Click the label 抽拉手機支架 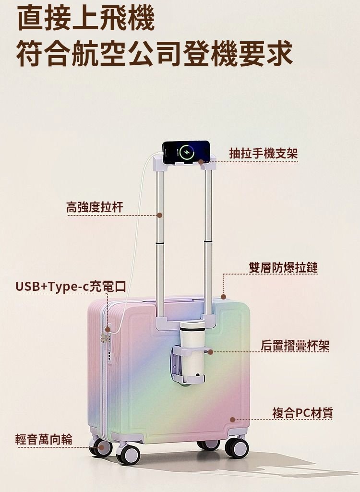[x=264, y=154]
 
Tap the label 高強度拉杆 [x=95, y=207]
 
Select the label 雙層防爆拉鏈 [x=283, y=268]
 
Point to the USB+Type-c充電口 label [x=71, y=287]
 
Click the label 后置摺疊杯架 [x=295, y=345]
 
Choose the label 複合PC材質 [x=302, y=412]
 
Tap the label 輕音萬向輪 [x=44, y=439]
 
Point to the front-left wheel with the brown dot [x=101, y=447]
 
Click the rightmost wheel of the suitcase [x=237, y=448]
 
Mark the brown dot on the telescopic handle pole [x=160, y=215]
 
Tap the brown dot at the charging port [x=108, y=329]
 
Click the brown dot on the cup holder [x=210, y=352]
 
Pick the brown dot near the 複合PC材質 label [x=232, y=420]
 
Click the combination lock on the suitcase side [x=103, y=339]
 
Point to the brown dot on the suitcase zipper [x=223, y=297]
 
